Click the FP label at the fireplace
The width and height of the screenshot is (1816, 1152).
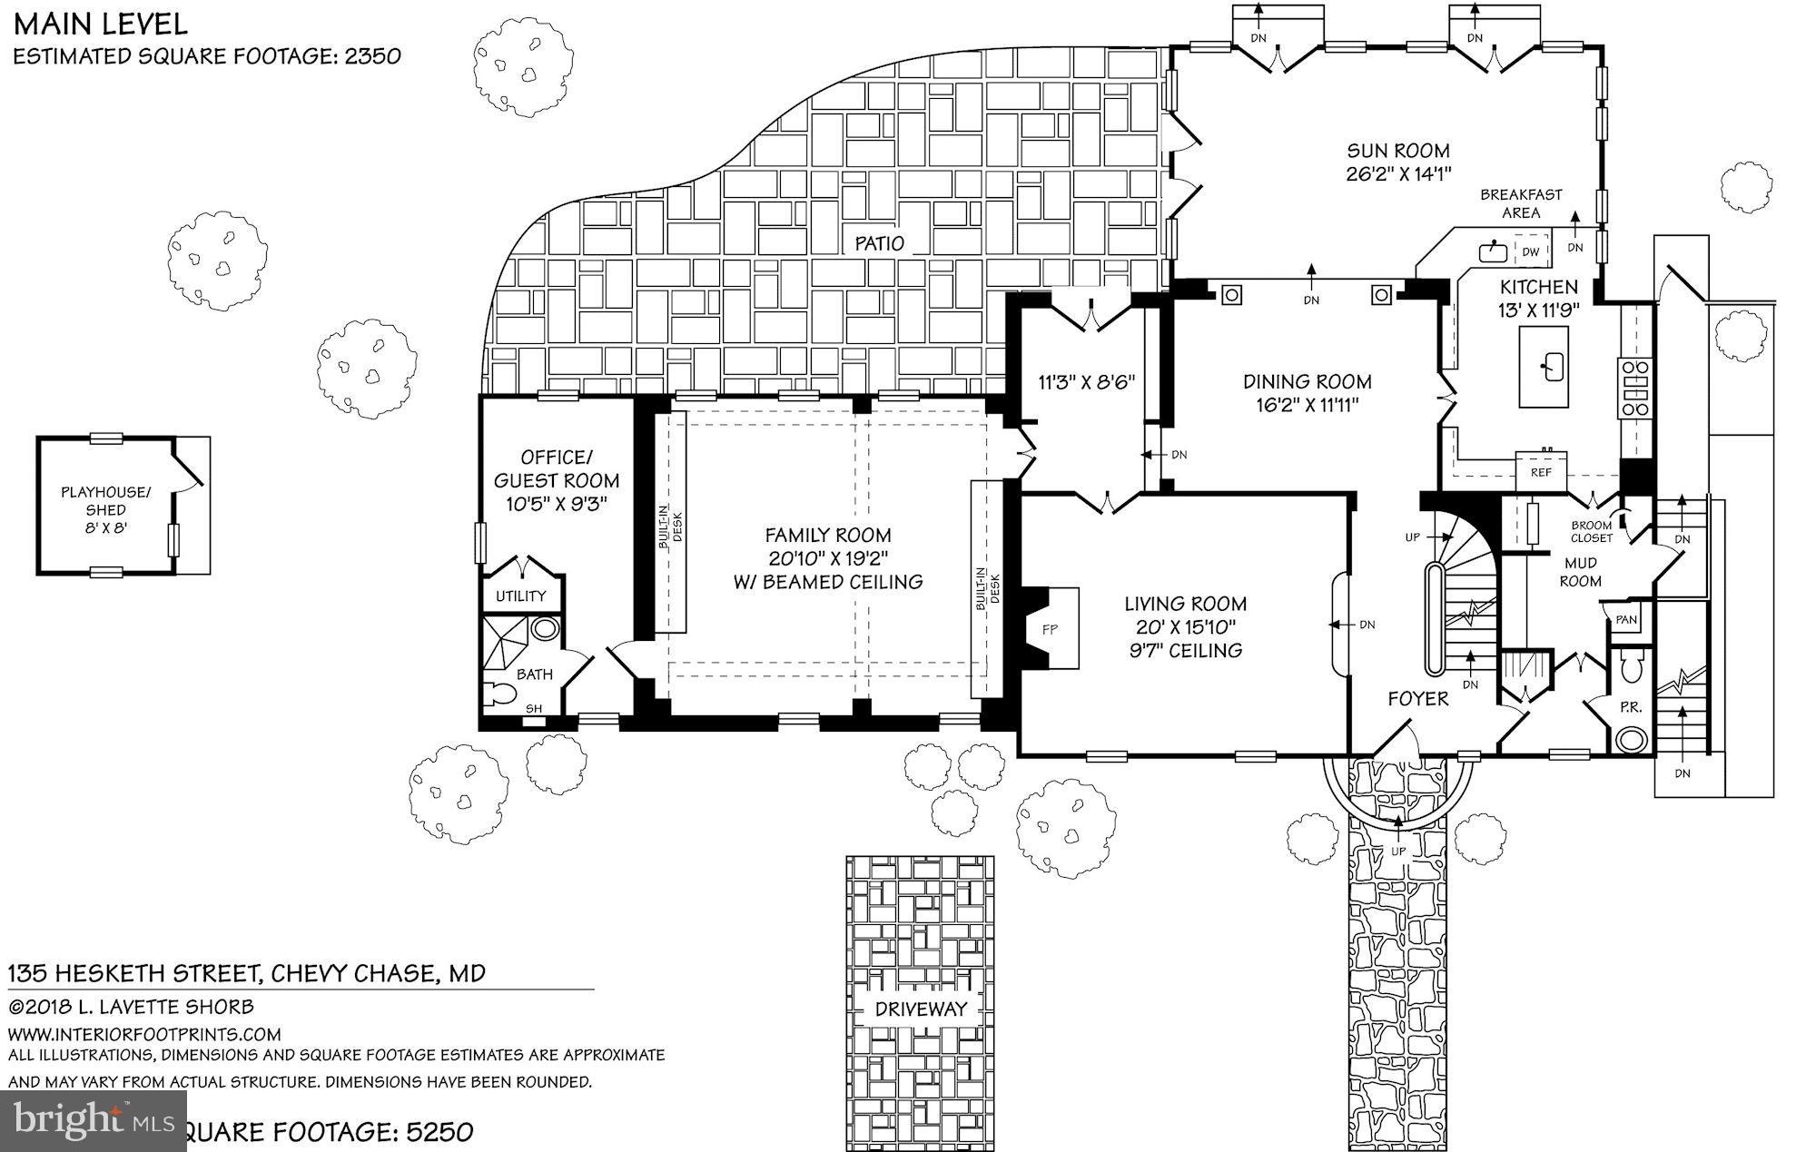point(1050,629)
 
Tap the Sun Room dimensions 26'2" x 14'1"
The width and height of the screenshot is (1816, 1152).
point(1398,174)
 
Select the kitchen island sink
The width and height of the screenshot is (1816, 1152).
point(1544,367)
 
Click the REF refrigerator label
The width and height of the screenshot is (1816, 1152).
point(1541,473)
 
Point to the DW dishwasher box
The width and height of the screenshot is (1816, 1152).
point(1531,251)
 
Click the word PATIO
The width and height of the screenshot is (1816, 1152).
point(880,243)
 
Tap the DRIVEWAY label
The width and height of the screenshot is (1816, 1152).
point(921,1009)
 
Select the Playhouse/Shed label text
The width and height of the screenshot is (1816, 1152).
point(105,509)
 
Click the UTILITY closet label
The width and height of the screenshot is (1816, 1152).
point(520,596)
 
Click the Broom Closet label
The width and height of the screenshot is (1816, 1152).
point(1591,531)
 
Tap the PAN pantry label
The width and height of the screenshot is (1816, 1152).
point(1625,621)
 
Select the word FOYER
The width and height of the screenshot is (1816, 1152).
point(1418,698)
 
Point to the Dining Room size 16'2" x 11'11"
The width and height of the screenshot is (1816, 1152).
point(1307,405)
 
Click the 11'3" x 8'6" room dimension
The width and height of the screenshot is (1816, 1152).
point(1086,382)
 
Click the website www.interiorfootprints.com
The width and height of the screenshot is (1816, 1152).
point(144,1034)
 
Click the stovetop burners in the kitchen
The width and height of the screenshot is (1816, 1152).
point(1635,389)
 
